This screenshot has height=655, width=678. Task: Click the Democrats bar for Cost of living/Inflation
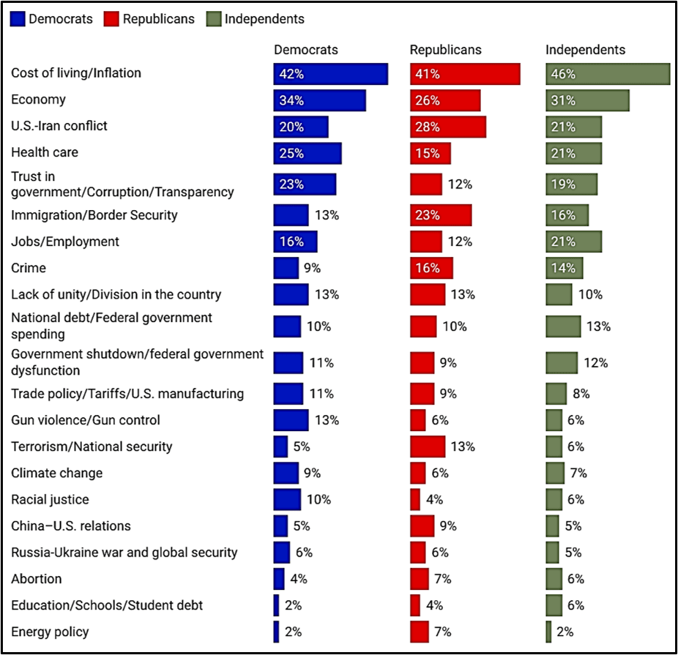[331, 74]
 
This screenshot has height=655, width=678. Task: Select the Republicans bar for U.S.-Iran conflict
[448, 127]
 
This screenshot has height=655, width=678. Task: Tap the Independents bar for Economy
[588, 101]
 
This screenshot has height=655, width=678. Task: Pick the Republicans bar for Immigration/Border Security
[441, 215]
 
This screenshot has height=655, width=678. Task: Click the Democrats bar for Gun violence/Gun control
[291, 420]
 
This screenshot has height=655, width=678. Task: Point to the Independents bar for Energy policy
[548, 632]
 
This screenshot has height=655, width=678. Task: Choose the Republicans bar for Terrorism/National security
[428, 446]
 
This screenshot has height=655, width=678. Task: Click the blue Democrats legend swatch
[18, 19]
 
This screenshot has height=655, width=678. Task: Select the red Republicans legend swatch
[111, 19]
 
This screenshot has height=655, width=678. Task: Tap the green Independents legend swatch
[214, 19]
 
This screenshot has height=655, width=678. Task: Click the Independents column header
[586, 50]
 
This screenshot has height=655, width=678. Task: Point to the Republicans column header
[446, 50]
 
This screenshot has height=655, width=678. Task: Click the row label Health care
[45, 152]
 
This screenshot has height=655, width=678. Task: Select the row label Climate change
[57, 473]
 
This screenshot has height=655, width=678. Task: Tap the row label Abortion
[37, 579]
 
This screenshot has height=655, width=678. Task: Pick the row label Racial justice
[51, 500]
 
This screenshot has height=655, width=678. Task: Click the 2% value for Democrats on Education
[293, 605]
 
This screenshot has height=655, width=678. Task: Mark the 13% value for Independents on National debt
[598, 326]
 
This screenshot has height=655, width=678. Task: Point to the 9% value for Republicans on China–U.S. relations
[448, 525]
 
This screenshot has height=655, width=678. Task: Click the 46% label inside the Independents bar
[563, 74]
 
